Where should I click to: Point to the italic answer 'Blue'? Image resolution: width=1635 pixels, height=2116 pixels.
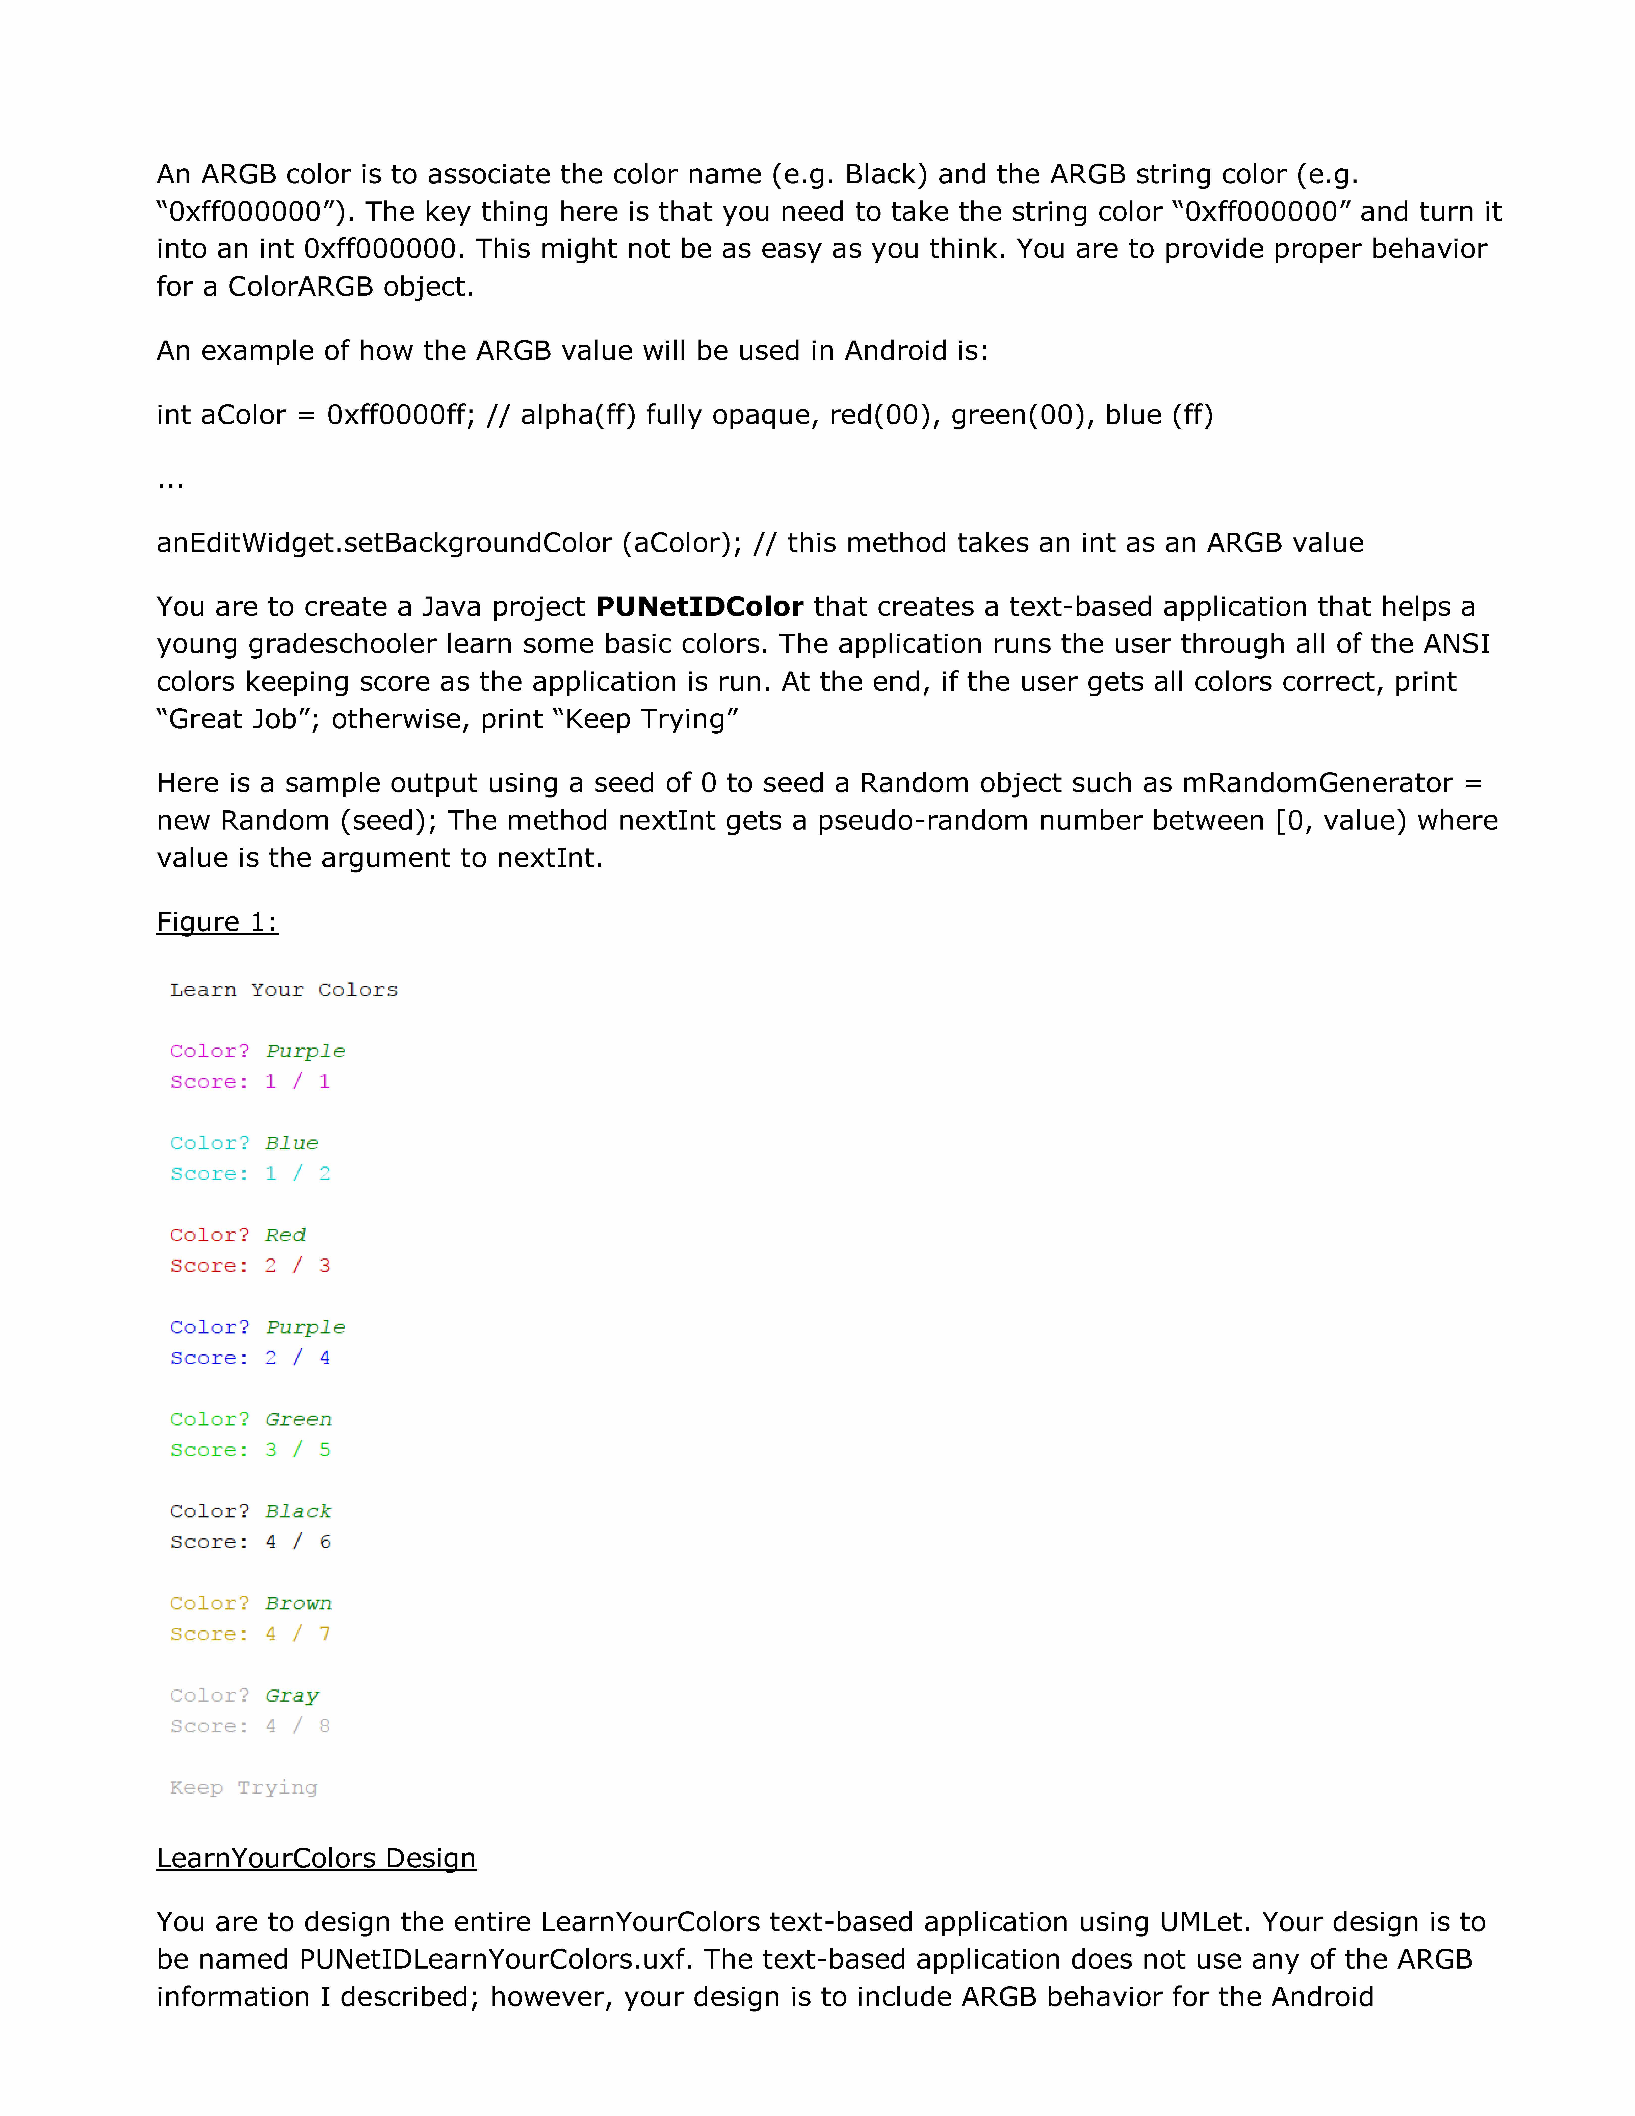[x=292, y=1143]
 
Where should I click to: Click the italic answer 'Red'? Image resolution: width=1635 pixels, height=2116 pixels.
[x=286, y=1235]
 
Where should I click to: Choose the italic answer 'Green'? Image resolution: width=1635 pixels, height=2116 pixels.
[x=298, y=1420]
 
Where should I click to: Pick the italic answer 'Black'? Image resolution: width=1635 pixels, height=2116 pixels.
[x=298, y=1511]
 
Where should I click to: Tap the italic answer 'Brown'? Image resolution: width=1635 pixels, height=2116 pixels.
[x=298, y=1604]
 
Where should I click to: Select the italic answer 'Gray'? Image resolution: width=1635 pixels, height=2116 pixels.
[x=292, y=1695]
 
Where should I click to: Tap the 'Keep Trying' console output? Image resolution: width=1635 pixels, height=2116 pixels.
[x=243, y=1788]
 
